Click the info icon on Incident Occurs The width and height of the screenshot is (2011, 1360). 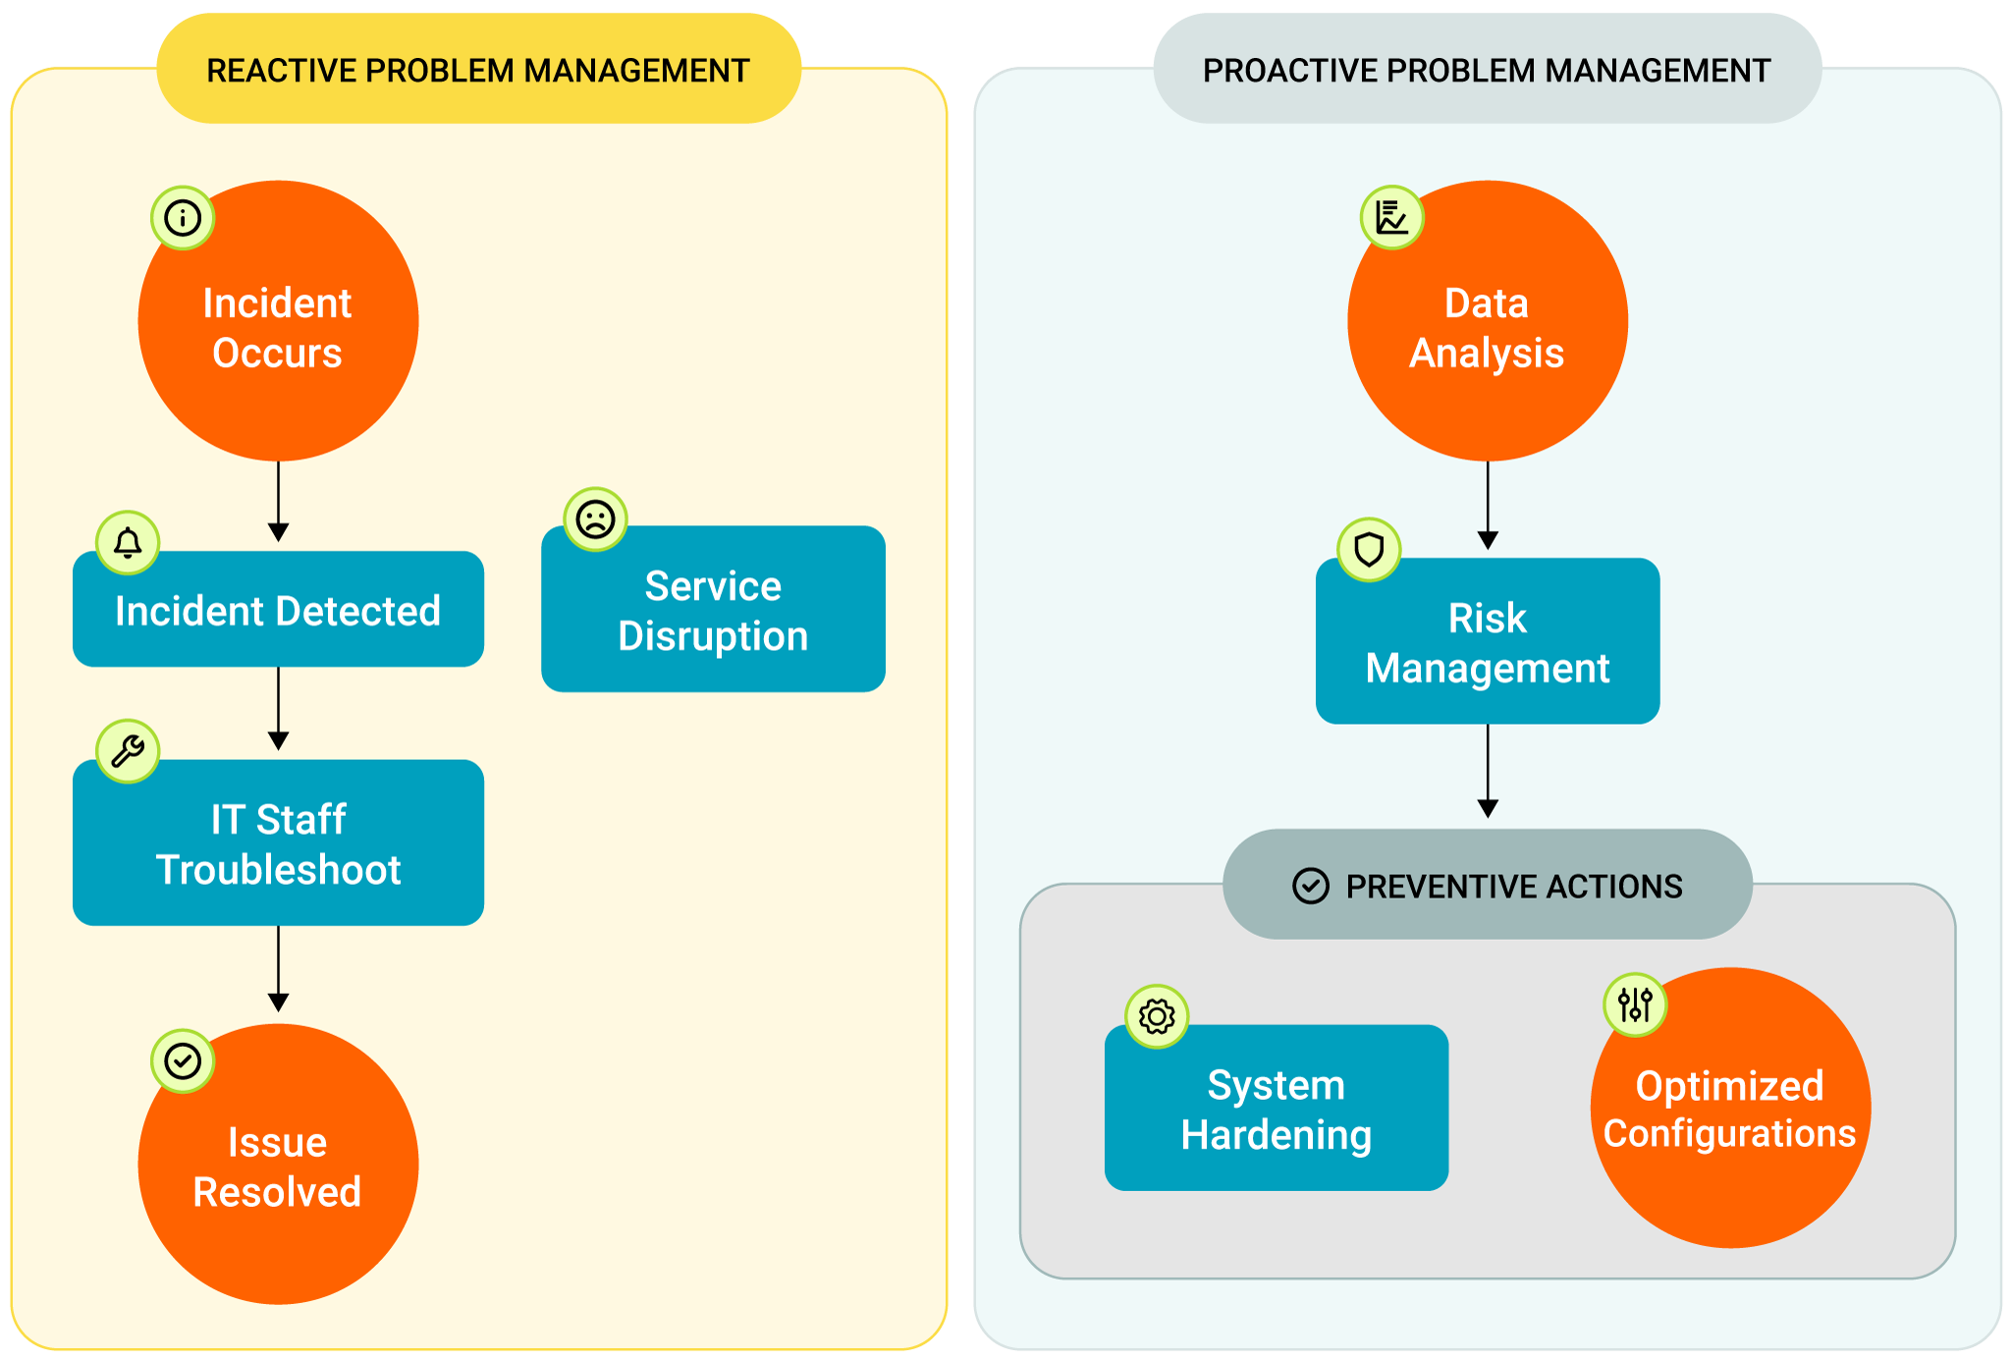click(x=183, y=218)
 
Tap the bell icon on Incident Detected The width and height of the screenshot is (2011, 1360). click(x=128, y=543)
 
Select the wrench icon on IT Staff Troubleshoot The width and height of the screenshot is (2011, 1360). click(x=128, y=751)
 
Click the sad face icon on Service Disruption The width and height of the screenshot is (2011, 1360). click(x=595, y=519)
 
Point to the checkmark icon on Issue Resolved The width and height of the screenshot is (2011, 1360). click(x=183, y=1061)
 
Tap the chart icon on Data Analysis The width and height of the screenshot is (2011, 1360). click(x=1391, y=218)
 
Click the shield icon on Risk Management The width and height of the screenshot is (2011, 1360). click(x=1369, y=550)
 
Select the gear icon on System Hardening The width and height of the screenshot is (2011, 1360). click(x=1157, y=1016)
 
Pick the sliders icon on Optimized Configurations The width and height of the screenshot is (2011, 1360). click(x=1635, y=1005)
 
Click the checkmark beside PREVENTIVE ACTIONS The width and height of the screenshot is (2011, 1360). click(x=1310, y=886)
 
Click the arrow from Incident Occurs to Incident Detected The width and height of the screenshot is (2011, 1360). click(x=278, y=502)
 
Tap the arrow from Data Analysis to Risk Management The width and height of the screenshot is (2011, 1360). click(x=1488, y=507)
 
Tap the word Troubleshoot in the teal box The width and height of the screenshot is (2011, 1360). click(x=278, y=870)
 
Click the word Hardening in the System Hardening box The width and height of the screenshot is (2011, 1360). click(x=1276, y=1135)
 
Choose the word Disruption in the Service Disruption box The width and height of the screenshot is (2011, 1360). click(x=713, y=636)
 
